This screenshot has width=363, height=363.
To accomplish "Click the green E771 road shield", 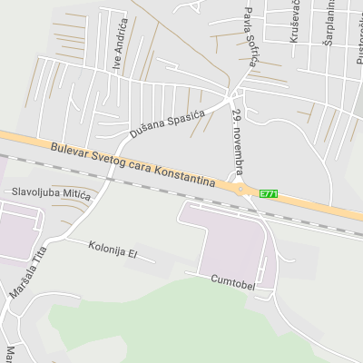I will pyautogui.click(x=269, y=193).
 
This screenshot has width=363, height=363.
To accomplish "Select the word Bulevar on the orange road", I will pyautogui.click(x=71, y=151).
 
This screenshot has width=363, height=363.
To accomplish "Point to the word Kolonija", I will pyautogui.click(x=105, y=247).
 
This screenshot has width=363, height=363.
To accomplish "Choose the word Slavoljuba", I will pyautogui.click(x=35, y=192).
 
